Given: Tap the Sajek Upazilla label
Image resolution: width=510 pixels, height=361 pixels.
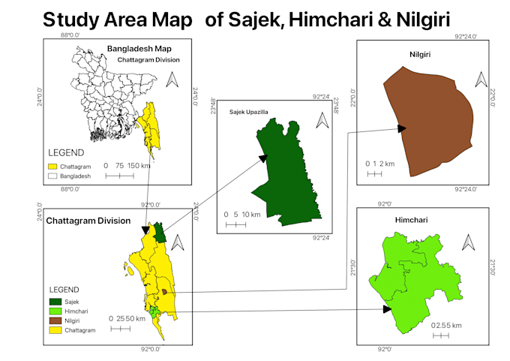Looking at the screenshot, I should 248,112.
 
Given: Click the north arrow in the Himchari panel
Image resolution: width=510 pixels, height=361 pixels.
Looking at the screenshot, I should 468,242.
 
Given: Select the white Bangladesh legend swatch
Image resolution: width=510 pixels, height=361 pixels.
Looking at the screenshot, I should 52,176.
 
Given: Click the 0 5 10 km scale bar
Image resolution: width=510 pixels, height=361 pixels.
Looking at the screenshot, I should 235,224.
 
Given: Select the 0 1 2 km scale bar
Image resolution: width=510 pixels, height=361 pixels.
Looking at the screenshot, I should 374,175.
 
